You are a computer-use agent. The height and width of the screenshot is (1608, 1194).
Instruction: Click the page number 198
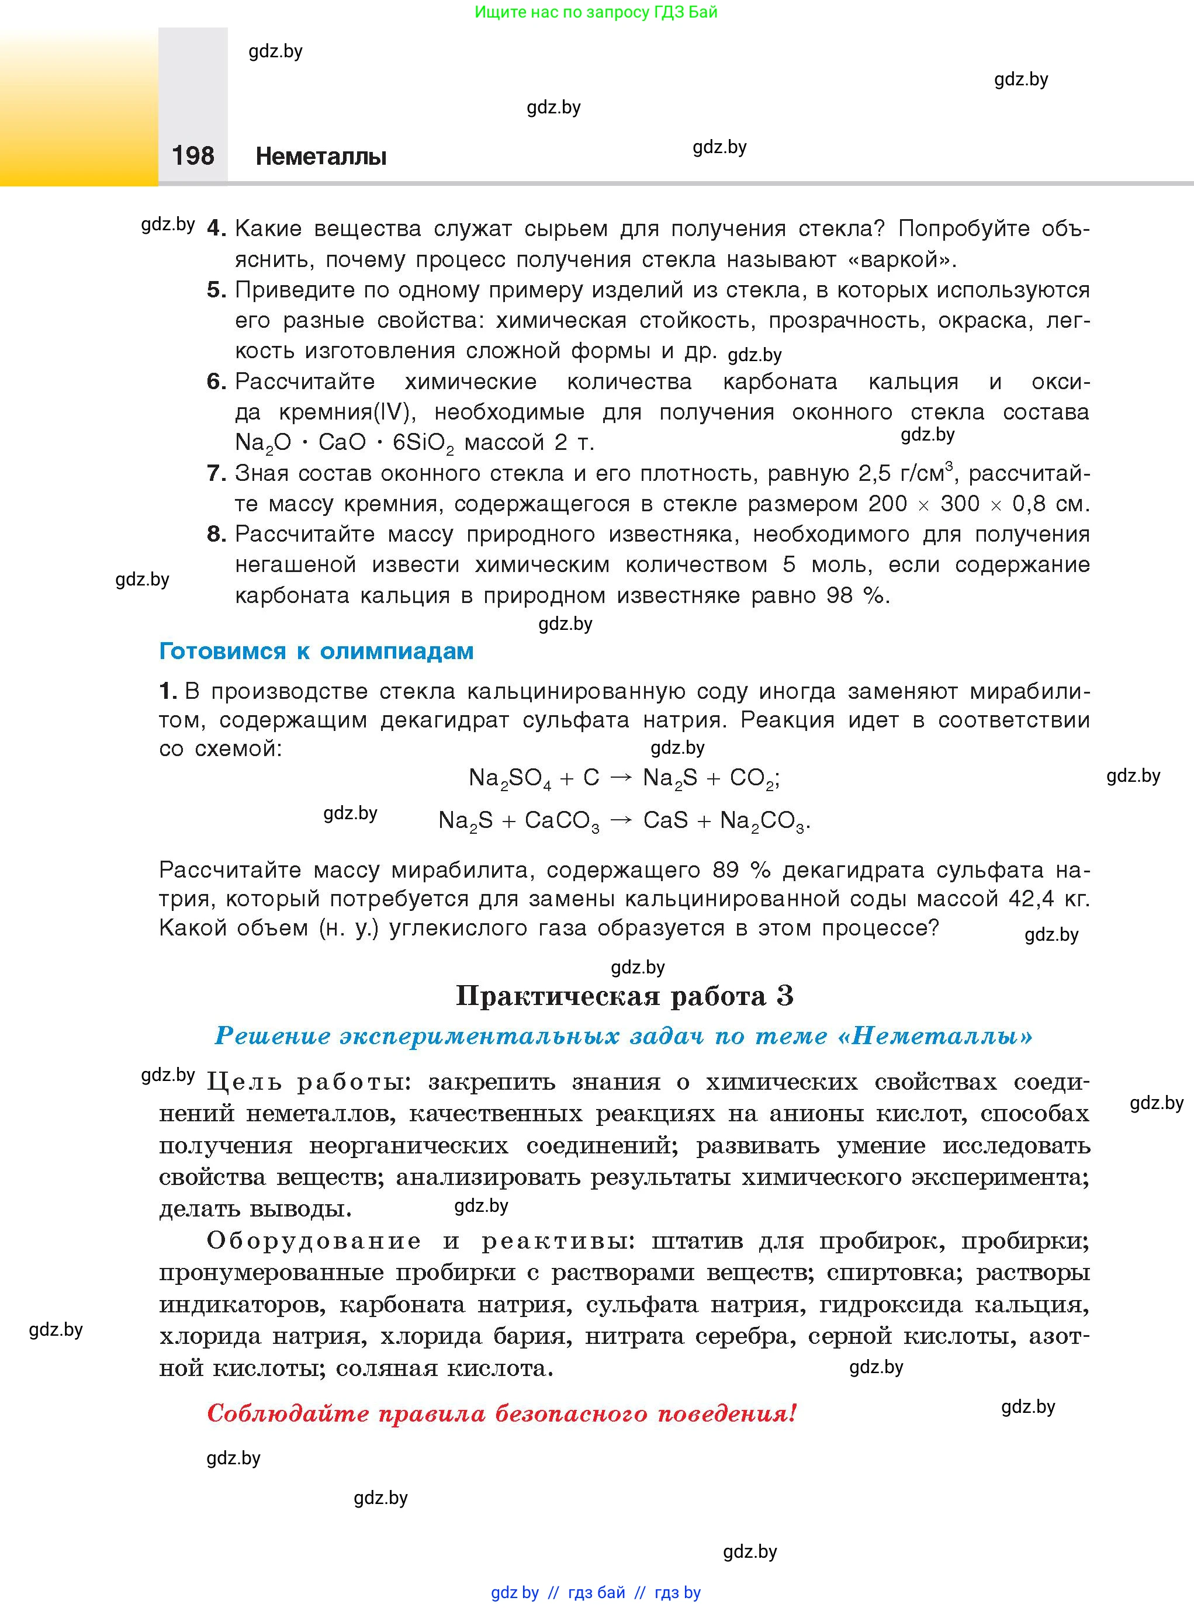[193, 155]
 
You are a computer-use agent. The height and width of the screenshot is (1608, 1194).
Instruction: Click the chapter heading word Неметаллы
[321, 156]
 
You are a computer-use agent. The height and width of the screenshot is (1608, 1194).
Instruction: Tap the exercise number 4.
[216, 228]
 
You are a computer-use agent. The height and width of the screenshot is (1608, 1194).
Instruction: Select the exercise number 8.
[216, 534]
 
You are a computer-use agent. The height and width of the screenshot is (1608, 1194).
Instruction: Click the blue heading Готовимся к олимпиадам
[316, 651]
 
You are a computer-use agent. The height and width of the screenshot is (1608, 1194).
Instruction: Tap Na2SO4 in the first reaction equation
[510, 778]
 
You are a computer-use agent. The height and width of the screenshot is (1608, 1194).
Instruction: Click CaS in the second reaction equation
[665, 820]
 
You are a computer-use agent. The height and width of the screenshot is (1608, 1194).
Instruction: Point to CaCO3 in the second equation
[562, 821]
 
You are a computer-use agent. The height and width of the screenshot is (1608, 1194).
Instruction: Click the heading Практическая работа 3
[624, 996]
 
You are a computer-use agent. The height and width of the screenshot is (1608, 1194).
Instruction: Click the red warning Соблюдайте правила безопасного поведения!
[501, 1413]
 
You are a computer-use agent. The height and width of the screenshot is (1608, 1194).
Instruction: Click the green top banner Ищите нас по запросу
[596, 12]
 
